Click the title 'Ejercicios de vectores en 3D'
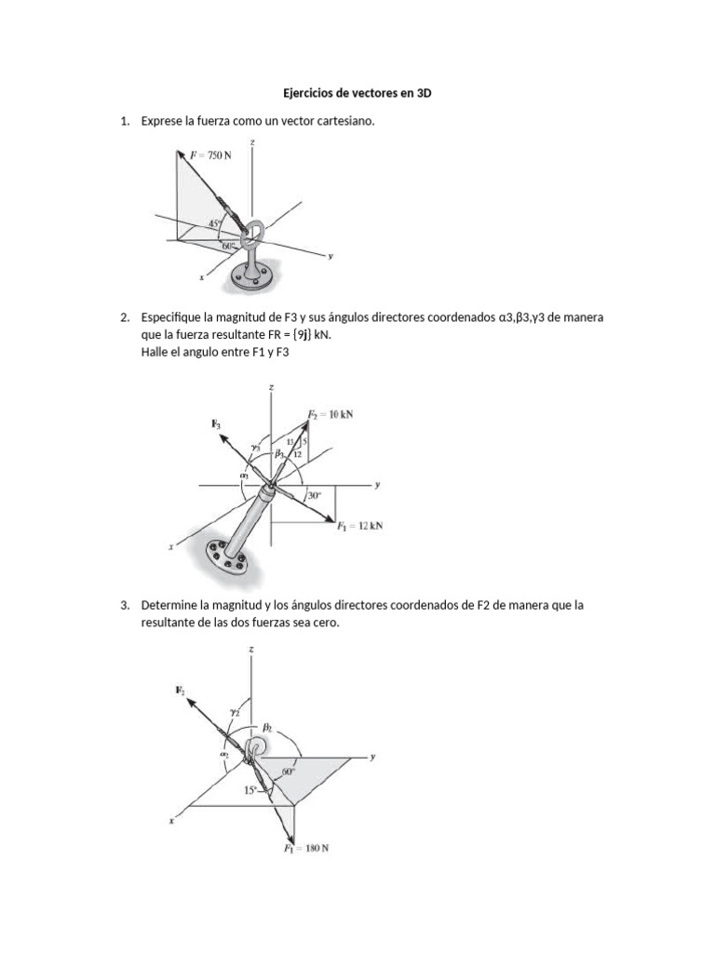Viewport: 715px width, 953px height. pyautogui.click(x=357, y=94)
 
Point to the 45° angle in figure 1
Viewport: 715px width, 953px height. pyautogui.click(x=214, y=223)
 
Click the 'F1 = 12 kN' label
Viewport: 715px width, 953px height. pyautogui.click(x=359, y=526)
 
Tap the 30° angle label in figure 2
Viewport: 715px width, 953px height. pyautogui.click(x=315, y=496)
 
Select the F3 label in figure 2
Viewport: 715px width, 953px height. pyautogui.click(x=216, y=424)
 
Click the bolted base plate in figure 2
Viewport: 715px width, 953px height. pyautogui.click(x=222, y=557)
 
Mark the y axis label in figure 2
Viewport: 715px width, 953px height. pyautogui.click(x=379, y=485)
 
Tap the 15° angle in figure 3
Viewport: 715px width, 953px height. pyautogui.click(x=250, y=789)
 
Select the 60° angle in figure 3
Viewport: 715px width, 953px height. pyautogui.click(x=288, y=772)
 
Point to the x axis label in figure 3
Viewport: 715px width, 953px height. pyautogui.click(x=170, y=821)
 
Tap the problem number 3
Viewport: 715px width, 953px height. pyautogui.click(x=124, y=605)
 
